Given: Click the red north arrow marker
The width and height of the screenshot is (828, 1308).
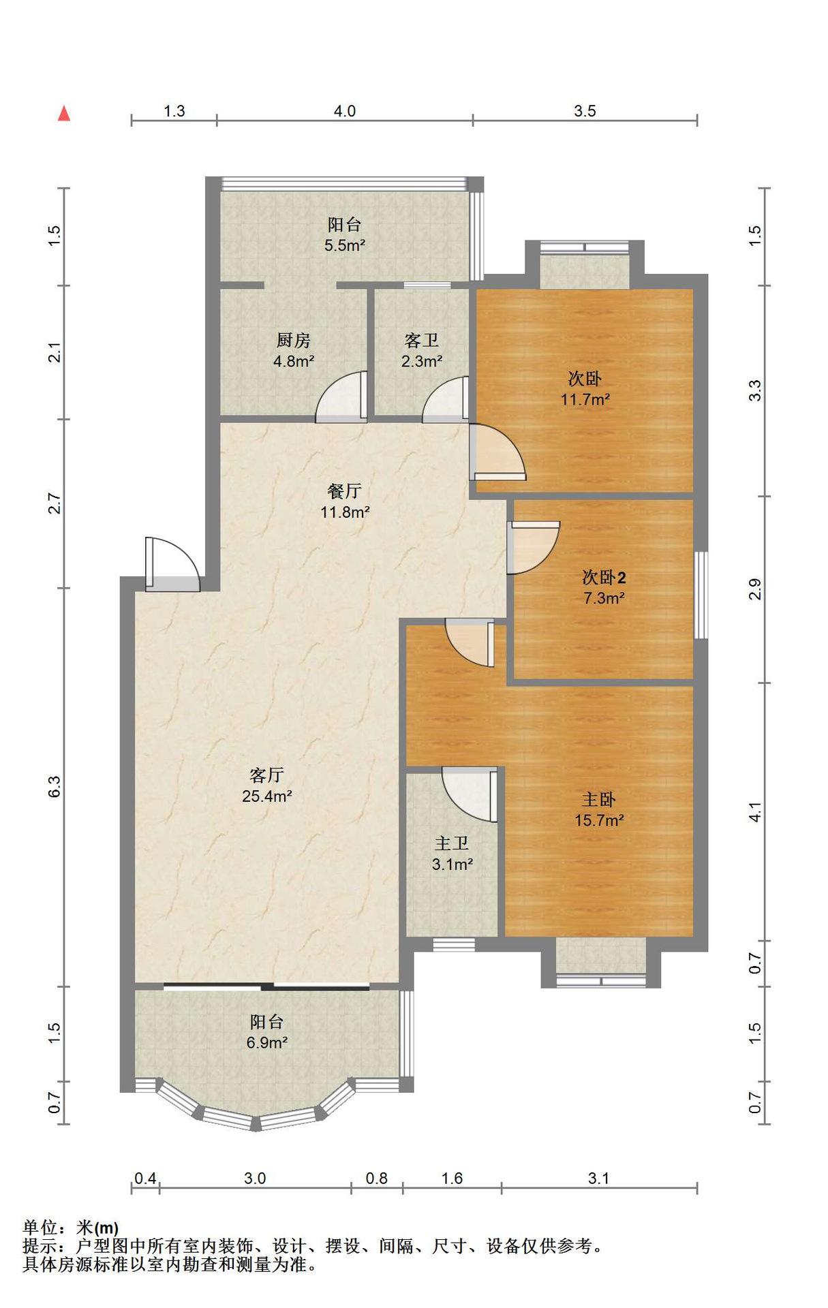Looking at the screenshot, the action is [x=64, y=113].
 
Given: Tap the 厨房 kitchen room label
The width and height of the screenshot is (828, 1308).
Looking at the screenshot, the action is [x=293, y=340].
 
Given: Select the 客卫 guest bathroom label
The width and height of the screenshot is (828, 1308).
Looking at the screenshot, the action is [x=421, y=340].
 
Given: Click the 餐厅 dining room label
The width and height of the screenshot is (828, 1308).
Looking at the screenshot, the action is [x=344, y=490].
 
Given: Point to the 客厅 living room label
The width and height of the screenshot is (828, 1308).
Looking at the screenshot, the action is [x=266, y=775].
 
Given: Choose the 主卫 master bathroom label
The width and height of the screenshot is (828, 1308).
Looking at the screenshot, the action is [x=452, y=843].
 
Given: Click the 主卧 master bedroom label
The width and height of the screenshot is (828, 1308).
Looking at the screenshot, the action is [x=598, y=799].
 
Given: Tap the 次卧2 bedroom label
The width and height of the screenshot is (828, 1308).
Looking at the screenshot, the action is [x=604, y=578].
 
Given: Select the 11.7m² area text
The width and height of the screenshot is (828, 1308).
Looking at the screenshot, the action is [x=585, y=399].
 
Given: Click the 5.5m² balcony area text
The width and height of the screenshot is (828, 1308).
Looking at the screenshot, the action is [x=345, y=245].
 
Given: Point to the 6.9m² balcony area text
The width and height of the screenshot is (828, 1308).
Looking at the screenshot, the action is [x=266, y=1042].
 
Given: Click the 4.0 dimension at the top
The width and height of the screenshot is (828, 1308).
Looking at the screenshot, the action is [x=344, y=110].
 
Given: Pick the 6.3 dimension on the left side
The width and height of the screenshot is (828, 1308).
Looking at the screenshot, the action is [x=55, y=787].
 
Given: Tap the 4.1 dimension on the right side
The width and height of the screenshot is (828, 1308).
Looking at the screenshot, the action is [x=754, y=812].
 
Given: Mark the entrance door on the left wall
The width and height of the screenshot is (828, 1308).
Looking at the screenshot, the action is [x=172, y=564].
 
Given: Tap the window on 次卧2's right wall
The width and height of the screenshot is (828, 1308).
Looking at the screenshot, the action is [x=701, y=595].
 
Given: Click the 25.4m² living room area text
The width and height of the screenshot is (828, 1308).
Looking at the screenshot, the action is [x=267, y=796].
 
